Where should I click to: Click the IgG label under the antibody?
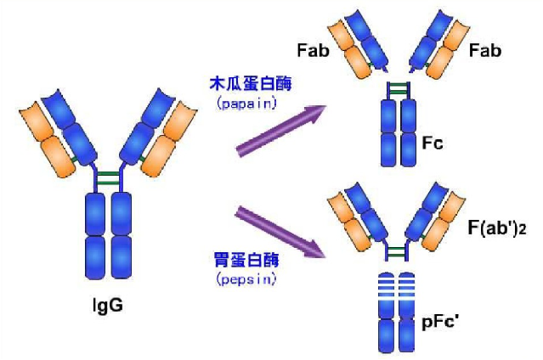[108, 306]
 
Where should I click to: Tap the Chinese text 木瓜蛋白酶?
[251, 84]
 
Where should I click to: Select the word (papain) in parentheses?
[246, 104]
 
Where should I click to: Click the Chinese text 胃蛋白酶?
[246, 260]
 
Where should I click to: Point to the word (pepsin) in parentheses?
[246, 278]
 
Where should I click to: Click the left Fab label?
[313, 51]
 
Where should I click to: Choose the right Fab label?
[485, 51]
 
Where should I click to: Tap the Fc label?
[433, 143]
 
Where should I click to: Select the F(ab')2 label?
[497, 228]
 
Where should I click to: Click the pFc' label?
[440, 322]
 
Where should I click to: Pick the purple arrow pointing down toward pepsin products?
[280, 232]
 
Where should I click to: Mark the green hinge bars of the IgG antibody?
[108, 178]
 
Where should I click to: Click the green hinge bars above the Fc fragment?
[399, 88]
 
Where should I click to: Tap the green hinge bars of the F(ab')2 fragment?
[396, 252]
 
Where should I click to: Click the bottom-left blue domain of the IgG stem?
[95, 257]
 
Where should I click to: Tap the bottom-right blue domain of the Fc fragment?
[409, 149]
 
